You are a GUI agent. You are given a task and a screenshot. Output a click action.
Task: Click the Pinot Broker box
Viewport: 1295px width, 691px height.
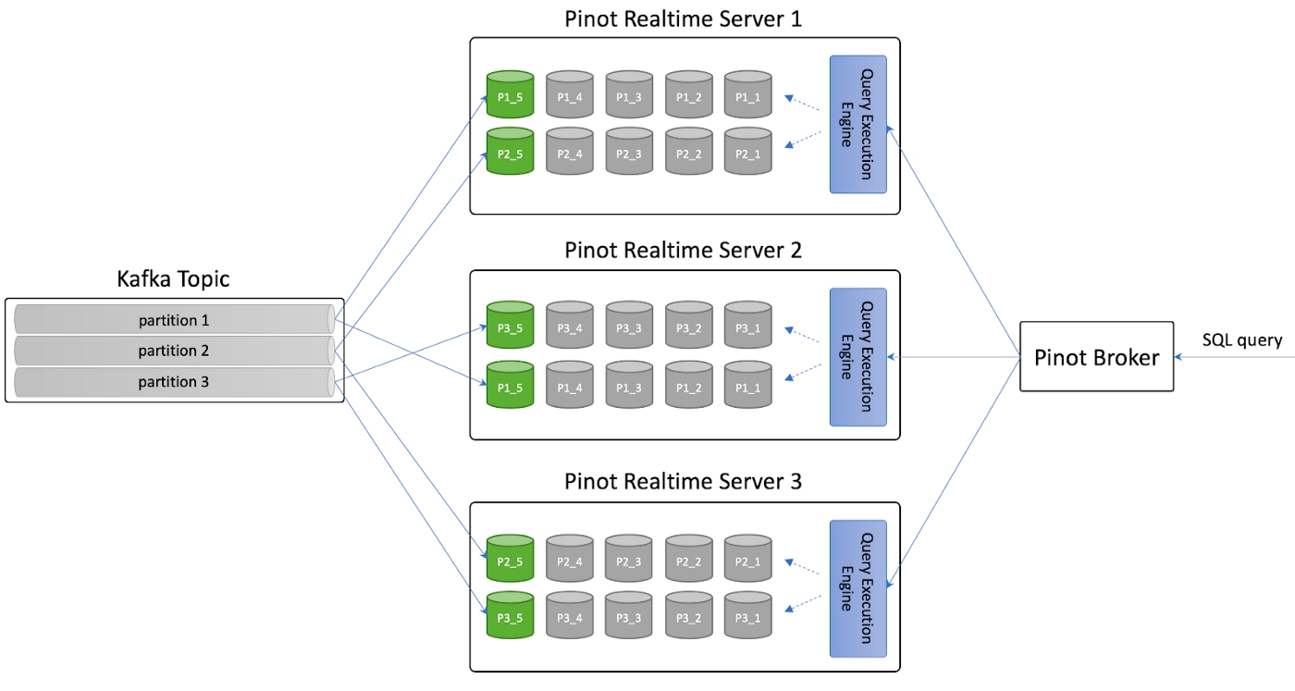click(x=1096, y=357)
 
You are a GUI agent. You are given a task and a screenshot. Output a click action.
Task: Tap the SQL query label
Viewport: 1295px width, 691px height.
click(x=1241, y=340)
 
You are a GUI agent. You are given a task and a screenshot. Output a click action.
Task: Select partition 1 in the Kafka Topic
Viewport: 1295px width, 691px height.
click(x=174, y=320)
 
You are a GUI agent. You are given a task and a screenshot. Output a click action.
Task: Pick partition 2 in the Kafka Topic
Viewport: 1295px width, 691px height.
click(x=174, y=351)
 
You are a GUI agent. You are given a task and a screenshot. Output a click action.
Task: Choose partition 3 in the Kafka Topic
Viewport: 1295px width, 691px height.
click(x=174, y=381)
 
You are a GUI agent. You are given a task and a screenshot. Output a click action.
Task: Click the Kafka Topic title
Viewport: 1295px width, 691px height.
click(x=173, y=278)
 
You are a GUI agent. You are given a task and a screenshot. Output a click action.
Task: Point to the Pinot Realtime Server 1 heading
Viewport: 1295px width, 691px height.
click(x=684, y=19)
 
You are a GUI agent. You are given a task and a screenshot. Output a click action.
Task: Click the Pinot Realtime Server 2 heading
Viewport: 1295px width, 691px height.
click(x=684, y=251)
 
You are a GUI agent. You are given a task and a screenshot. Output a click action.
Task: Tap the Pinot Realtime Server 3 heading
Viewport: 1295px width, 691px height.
click(x=684, y=482)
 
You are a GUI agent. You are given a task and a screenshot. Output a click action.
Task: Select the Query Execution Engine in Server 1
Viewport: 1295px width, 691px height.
click(x=857, y=124)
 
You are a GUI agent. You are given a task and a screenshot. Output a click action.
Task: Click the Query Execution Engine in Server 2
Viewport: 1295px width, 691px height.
click(x=857, y=357)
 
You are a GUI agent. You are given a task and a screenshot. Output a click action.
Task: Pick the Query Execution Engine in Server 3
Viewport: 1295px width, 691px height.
click(x=857, y=588)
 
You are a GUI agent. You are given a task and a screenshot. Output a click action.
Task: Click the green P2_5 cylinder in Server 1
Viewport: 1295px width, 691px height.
click(x=511, y=152)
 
